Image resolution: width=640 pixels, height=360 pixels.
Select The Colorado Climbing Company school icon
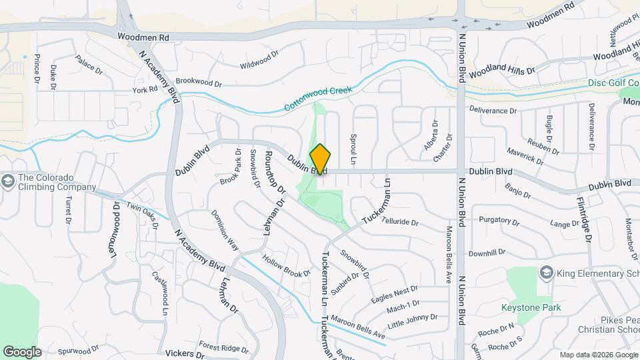click(7, 181)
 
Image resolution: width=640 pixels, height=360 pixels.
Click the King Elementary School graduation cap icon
click(547, 272)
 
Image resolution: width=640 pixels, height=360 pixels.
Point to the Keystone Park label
click(531, 307)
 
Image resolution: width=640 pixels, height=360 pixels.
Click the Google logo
click(22, 351)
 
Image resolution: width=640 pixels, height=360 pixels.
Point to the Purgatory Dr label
click(499, 221)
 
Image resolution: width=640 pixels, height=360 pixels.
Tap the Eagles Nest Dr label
click(395, 293)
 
